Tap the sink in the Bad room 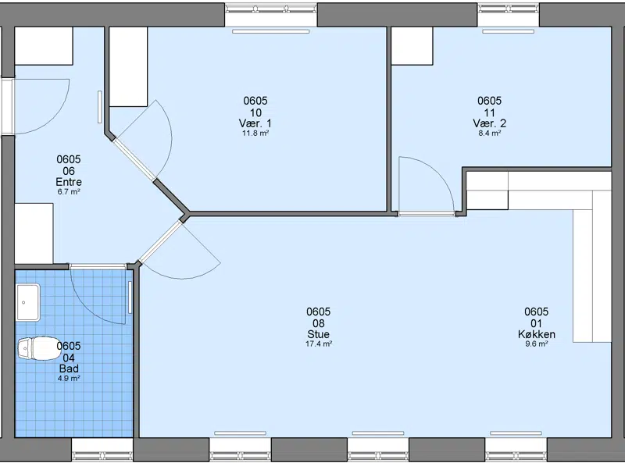click(x=28, y=302)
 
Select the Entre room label click(x=69, y=182)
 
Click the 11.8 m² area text click(x=255, y=133)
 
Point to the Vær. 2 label click(x=490, y=123)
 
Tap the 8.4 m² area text click(x=490, y=133)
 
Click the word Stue click(x=318, y=334)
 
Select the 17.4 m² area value click(x=319, y=344)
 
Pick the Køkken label click(x=537, y=334)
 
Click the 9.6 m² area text click(x=537, y=344)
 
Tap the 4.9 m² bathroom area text click(x=69, y=379)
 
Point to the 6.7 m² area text click(x=69, y=191)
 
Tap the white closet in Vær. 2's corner click(x=412, y=46)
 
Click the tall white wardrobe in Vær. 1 click(x=128, y=66)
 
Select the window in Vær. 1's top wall click(x=271, y=15)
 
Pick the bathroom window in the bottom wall click(x=102, y=451)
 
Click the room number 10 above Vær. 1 click(x=255, y=112)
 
